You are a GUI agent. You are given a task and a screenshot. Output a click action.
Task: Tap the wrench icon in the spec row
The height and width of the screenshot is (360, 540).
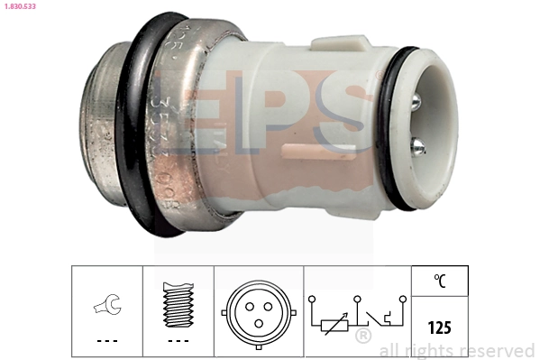point(106,308)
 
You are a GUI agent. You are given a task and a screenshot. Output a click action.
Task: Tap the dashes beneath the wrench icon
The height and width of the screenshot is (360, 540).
point(106,341)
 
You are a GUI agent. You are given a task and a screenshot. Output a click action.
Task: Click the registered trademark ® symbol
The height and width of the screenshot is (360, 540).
point(363,337)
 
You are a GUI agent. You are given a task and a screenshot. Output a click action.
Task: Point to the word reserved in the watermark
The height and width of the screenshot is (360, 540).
point(497,351)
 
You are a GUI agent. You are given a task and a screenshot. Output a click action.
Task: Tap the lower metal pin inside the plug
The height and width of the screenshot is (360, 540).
point(418,145)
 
